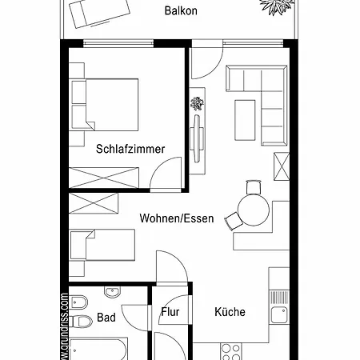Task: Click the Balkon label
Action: point(180,12)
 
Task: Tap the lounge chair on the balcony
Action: point(99,13)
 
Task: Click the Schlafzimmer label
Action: point(130,149)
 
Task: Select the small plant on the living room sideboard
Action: point(196,103)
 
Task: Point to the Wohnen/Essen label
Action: point(176,218)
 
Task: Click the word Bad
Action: point(106,318)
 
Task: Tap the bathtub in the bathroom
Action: point(98,350)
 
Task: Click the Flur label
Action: point(170,313)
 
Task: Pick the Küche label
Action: point(230,312)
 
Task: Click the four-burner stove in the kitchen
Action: point(230,352)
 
